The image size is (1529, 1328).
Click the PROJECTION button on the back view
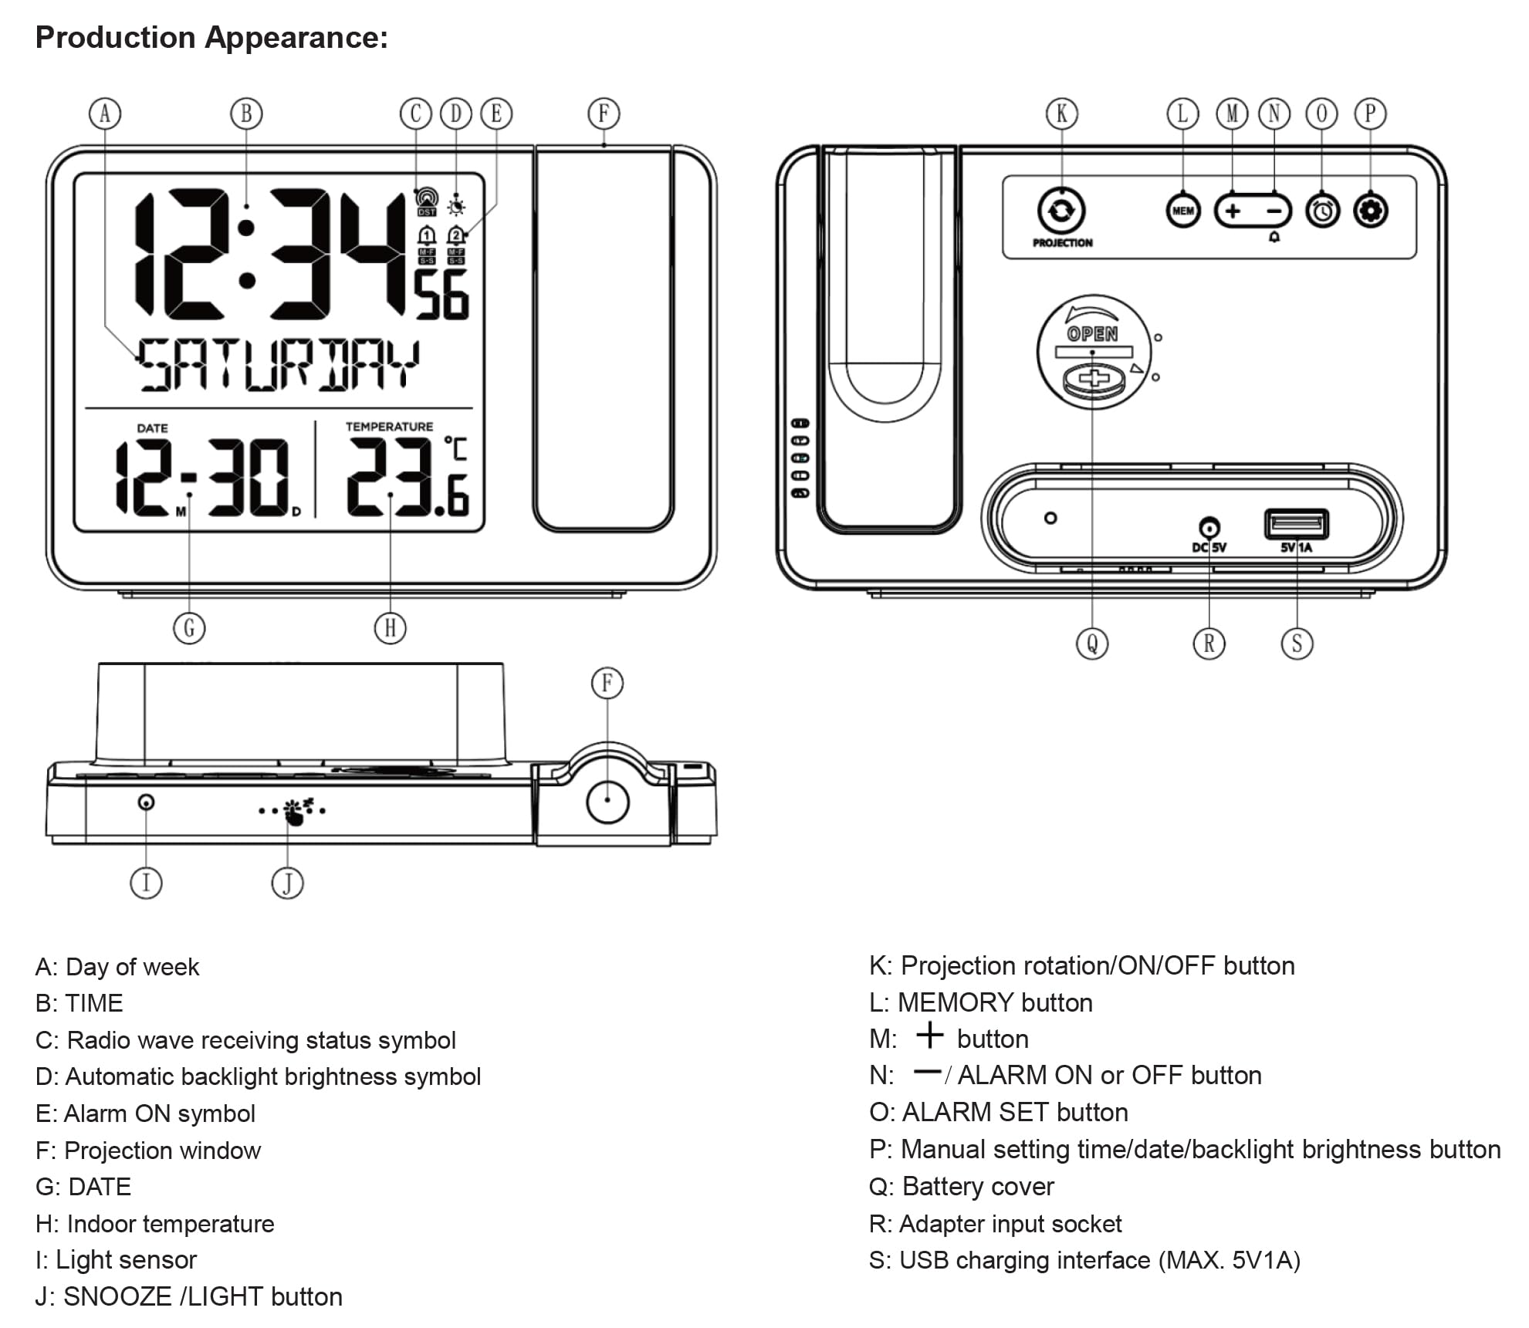tap(1061, 211)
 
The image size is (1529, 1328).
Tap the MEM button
tap(1182, 211)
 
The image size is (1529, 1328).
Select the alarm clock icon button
tap(1322, 211)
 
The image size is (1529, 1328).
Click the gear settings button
tap(1371, 211)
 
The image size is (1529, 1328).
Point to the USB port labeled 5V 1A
tap(1296, 525)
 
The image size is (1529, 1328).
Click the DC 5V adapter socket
tap(1209, 529)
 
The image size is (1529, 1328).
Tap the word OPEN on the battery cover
tap(1092, 334)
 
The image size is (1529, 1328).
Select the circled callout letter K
tap(1061, 114)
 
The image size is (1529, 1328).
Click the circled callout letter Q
tap(1092, 644)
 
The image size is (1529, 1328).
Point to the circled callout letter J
tap(287, 883)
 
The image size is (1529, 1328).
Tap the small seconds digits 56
tap(442, 295)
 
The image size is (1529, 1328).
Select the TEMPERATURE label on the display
tap(389, 427)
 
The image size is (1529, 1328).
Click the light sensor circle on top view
tap(146, 803)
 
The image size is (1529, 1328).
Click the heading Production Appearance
tap(211, 37)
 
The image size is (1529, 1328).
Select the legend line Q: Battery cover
tap(961, 1186)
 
